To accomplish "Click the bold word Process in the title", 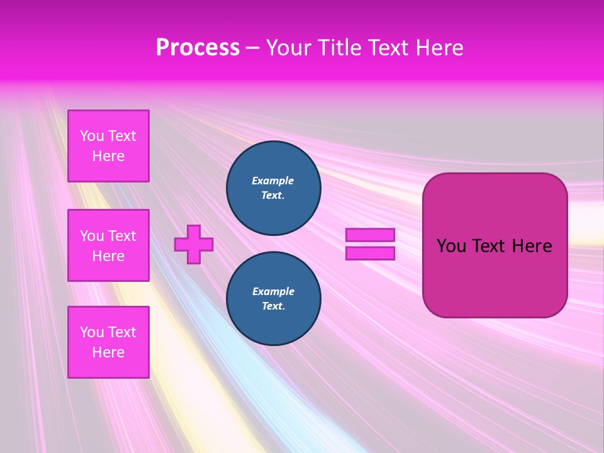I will (x=198, y=48).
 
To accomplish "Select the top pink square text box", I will (x=108, y=146).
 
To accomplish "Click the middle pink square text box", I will (x=108, y=245).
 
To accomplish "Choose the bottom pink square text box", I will (x=108, y=342).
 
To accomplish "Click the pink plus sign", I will (x=194, y=244).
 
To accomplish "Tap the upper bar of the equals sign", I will (x=370, y=235).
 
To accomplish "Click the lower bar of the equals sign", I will (x=370, y=253).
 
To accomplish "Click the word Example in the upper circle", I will (x=273, y=181).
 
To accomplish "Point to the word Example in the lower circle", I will (x=273, y=291).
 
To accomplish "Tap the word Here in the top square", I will (x=108, y=156).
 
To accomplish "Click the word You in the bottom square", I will (x=92, y=332).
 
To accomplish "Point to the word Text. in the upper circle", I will (x=273, y=195).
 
